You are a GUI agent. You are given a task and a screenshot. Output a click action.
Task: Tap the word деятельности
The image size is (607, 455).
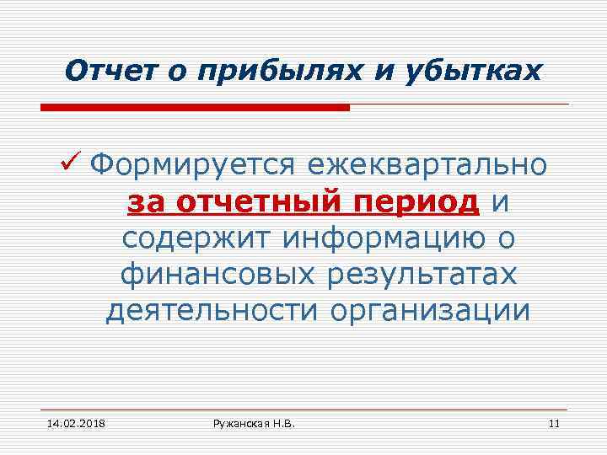[212, 312]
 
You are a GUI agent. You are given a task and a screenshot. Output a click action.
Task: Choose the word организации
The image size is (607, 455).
[430, 312]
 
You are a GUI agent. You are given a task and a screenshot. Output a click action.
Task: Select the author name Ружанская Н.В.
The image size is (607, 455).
[254, 422]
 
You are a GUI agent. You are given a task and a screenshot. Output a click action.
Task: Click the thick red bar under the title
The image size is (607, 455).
[195, 108]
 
